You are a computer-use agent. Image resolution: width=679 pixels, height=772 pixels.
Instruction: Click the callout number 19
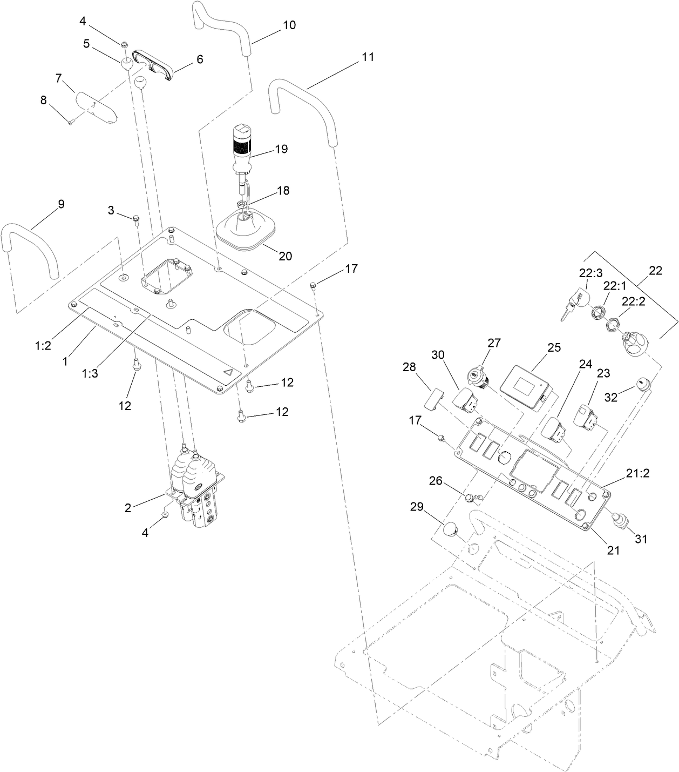281,149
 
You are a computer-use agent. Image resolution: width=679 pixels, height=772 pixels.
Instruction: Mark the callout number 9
61,204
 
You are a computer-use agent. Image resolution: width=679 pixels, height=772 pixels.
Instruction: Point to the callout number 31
640,539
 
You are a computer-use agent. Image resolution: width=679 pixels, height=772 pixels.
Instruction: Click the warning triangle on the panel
229,372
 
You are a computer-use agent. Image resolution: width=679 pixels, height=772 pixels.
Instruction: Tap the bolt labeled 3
135,219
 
